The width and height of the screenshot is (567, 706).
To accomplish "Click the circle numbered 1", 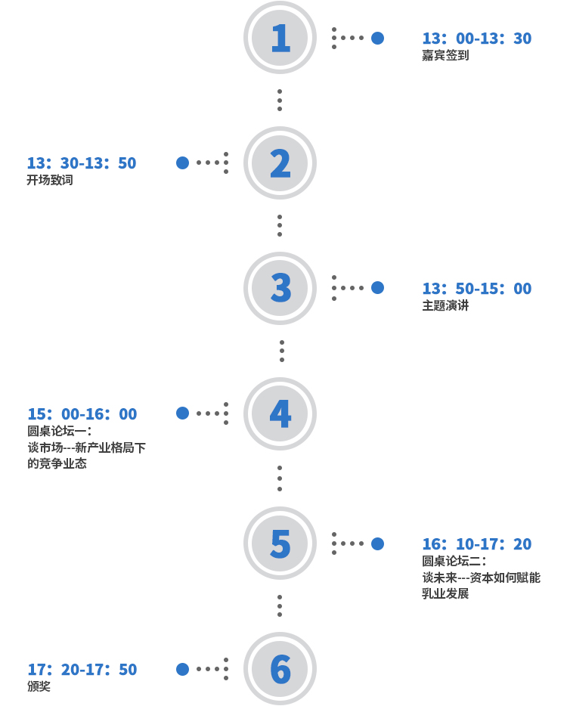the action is (x=280, y=37).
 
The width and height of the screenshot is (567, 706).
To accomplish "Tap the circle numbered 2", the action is (x=280, y=163).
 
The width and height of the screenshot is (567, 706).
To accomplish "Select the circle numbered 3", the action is (x=280, y=288).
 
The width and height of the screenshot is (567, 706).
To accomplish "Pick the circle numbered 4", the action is (x=280, y=413).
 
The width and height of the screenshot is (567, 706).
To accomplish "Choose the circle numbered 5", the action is (x=280, y=543).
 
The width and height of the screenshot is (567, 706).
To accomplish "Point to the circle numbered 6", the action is (x=280, y=669).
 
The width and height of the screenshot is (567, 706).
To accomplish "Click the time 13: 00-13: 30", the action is (x=477, y=39).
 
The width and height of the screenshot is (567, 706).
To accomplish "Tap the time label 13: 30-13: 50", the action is (x=82, y=163).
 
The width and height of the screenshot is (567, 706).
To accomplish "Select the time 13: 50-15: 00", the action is (x=477, y=288).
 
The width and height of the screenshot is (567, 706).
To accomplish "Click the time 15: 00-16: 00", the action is (x=82, y=413).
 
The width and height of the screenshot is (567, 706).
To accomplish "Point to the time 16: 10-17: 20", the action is (x=477, y=544).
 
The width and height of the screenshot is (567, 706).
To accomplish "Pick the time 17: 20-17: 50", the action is (x=82, y=670).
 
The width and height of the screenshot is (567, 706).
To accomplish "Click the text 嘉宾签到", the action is (x=445, y=55).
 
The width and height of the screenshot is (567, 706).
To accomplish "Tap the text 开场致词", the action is (x=50, y=180).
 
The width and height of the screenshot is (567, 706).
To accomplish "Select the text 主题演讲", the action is (x=445, y=305).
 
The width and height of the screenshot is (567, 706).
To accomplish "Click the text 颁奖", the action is (x=39, y=686).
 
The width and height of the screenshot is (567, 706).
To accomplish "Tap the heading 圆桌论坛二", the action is (x=451, y=561).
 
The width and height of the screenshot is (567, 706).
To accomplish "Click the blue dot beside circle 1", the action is (x=377, y=39).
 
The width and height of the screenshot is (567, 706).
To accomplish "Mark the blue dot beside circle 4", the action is (x=182, y=413).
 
